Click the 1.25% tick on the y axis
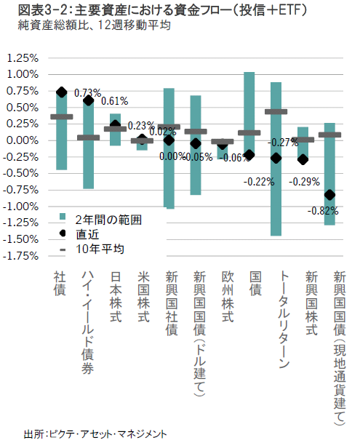pyautogui.click(x=23, y=58)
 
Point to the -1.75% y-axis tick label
pyautogui.click(x=20, y=256)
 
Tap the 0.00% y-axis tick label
pyautogui.click(x=23, y=140)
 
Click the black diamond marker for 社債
pyautogui.click(x=61, y=92)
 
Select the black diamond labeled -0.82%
pyautogui.click(x=329, y=194)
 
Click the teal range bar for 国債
pyautogui.click(x=249, y=114)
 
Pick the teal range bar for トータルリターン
pyautogui.click(x=276, y=159)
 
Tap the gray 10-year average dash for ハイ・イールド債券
pyautogui.click(x=89, y=137)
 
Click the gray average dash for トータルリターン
pyautogui.click(x=276, y=112)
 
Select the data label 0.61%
pyautogui.click(x=114, y=101)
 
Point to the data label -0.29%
pyautogui.click(x=305, y=182)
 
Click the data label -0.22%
pyautogui.click(x=259, y=182)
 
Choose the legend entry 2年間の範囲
pyautogui.click(x=100, y=220)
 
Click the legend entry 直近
pyautogui.click(x=79, y=234)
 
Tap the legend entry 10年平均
pyautogui.click(x=92, y=249)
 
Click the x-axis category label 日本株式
pyautogui.click(x=116, y=297)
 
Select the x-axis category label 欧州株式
pyautogui.click(x=228, y=297)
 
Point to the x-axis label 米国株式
pyautogui.click(x=144, y=297)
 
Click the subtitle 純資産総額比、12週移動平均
pyautogui.click(x=95, y=25)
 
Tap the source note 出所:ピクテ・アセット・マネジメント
pyautogui.click(x=95, y=434)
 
